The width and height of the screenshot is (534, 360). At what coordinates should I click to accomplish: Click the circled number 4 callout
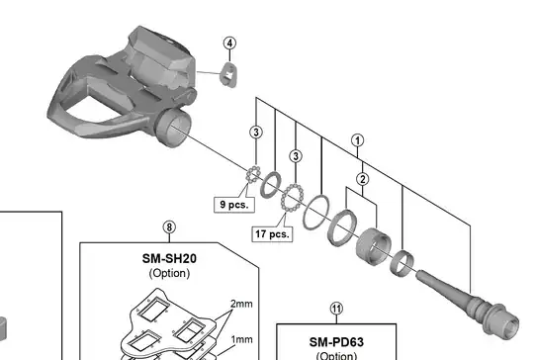229,44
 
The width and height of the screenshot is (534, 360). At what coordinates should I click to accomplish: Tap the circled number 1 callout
357,140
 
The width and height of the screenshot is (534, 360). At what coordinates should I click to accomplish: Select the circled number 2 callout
363,179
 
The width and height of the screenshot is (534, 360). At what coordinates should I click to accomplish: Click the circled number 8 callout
169,227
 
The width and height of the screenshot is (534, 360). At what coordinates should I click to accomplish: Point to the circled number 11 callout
336,309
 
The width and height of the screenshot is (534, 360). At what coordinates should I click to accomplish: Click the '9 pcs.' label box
234,205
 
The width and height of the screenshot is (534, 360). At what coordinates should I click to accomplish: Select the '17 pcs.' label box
272,234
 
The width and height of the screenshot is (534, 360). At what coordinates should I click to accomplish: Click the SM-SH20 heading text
169,259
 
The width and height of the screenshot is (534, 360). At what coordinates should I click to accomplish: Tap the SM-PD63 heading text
336,342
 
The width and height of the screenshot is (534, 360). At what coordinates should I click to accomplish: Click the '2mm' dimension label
242,304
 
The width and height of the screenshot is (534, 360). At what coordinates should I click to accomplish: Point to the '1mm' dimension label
242,339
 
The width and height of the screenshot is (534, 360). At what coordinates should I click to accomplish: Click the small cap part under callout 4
228,74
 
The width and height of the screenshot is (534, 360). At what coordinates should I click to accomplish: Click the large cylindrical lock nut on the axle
373,247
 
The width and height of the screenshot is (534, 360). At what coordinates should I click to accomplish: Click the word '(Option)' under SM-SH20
169,273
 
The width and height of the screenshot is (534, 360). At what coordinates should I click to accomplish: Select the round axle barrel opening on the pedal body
173,129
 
